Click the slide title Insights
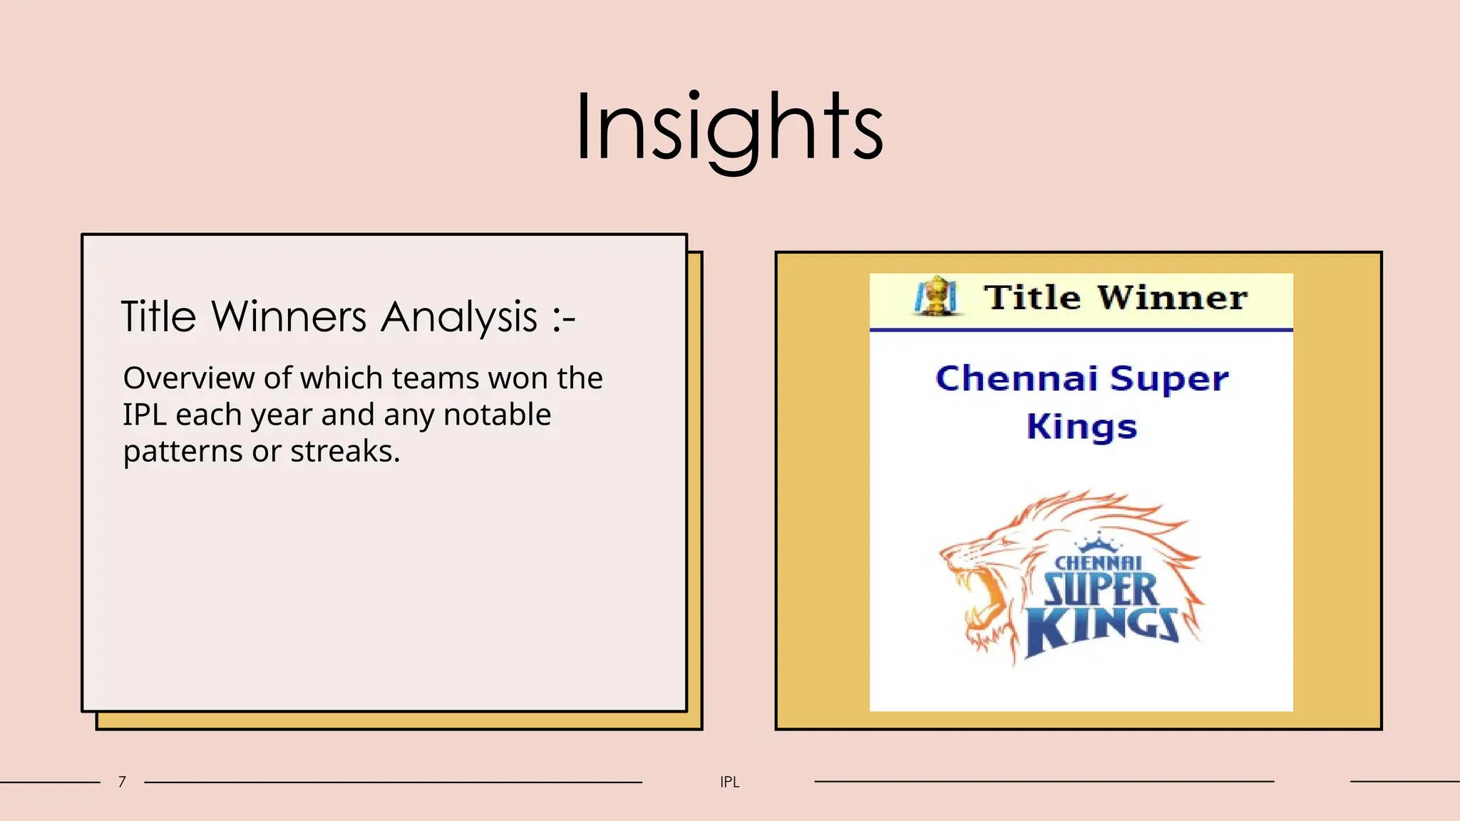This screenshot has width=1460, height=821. tap(729, 128)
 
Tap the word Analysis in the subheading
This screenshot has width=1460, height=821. tap(458, 316)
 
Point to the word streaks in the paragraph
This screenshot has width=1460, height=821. tap(345, 451)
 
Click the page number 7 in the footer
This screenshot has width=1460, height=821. tap(122, 782)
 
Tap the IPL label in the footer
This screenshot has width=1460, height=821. tap(729, 782)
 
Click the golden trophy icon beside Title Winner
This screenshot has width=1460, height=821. tap(936, 296)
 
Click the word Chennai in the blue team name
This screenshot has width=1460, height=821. tap(1016, 378)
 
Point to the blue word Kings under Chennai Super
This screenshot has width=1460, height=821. tap(1081, 427)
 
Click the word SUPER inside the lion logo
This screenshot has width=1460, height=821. tap(1101, 589)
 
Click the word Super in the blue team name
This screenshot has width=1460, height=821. tap(1169, 378)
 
